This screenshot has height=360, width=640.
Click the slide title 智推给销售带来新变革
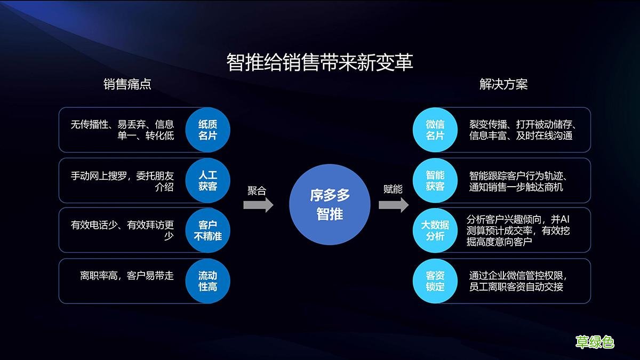click(319, 62)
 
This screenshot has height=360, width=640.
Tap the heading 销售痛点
click(127, 84)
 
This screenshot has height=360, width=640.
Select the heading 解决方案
click(503, 84)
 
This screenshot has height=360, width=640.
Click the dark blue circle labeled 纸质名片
click(207, 130)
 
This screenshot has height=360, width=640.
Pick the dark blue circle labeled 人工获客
click(207, 180)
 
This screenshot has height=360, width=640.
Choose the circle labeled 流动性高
click(207, 281)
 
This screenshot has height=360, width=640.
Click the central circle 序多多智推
click(330, 205)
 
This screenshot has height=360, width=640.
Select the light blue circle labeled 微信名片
click(435, 130)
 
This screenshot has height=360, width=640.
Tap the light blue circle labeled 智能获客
click(435, 180)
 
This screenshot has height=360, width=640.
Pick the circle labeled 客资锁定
click(435, 281)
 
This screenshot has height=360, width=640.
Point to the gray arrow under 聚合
click(258, 205)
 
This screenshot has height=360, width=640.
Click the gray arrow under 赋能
click(394, 205)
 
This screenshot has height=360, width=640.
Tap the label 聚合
click(257, 190)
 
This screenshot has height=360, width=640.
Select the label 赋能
click(393, 190)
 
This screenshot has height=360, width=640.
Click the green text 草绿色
click(595, 342)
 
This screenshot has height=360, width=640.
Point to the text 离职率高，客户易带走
click(127, 276)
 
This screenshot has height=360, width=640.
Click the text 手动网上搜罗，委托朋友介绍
click(122, 181)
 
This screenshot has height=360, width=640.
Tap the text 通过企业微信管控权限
click(517, 276)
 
